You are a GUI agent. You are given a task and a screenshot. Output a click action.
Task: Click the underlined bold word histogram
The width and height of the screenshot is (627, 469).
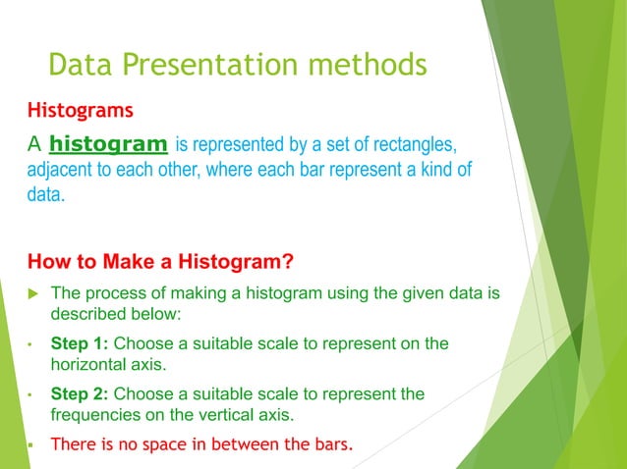108,145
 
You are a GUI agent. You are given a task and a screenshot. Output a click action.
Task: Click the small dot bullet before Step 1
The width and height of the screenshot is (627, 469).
32,344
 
